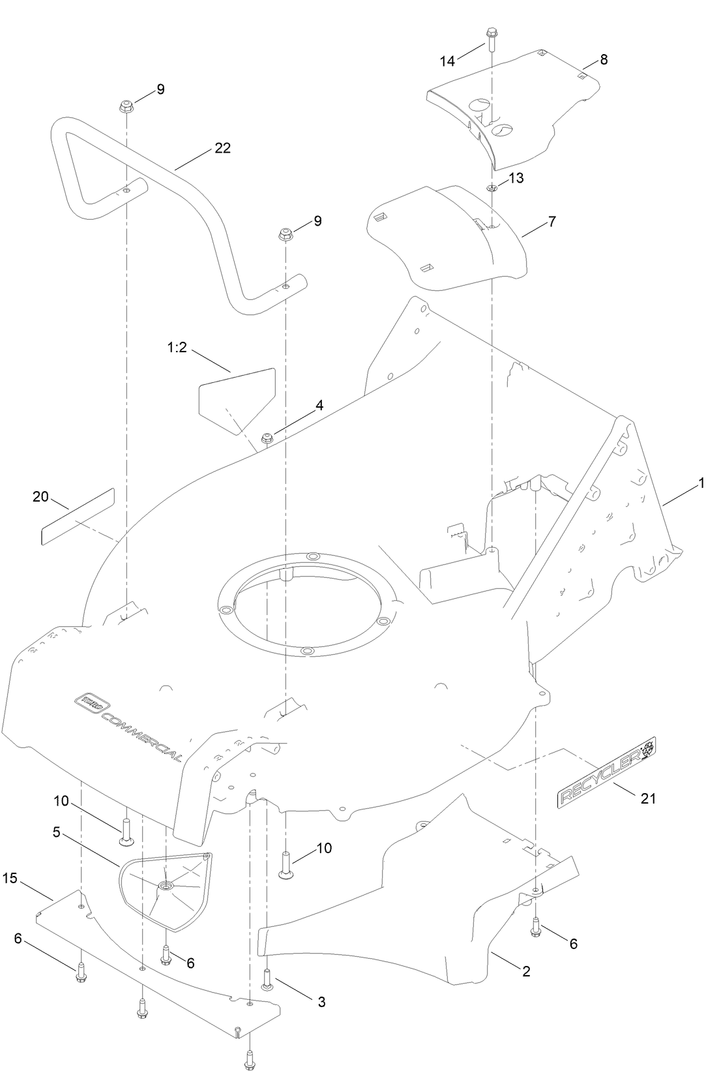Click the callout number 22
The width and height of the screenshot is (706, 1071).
click(222, 149)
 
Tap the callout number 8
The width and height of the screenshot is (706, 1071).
click(604, 60)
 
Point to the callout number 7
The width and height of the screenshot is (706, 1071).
click(552, 222)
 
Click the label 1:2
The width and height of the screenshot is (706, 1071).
click(176, 348)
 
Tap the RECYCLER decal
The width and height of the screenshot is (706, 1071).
click(606, 770)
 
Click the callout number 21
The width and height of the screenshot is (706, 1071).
click(648, 798)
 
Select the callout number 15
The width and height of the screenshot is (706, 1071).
click(10, 879)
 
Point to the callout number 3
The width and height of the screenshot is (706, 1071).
click(321, 1002)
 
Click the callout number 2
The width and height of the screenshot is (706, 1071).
click(526, 971)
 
